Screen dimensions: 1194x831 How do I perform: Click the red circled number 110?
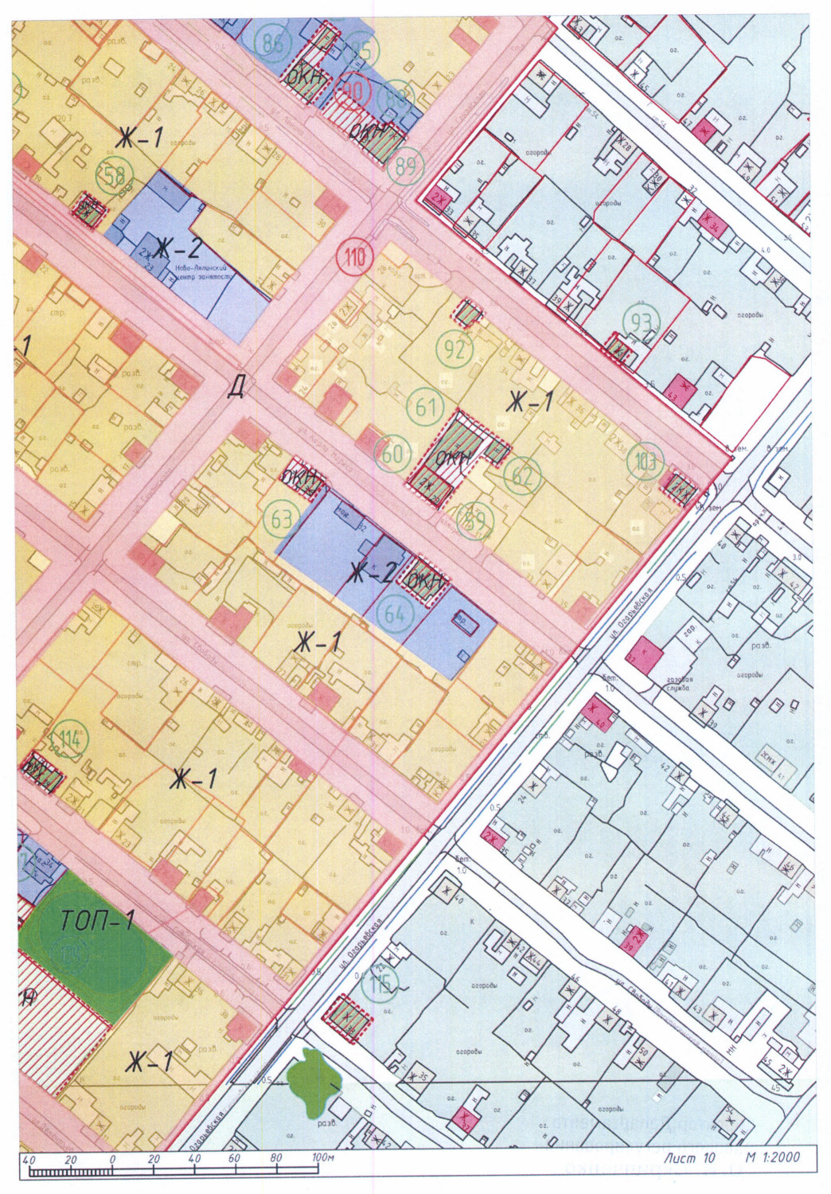[x=356, y=256]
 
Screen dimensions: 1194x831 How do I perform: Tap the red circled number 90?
[x=352, y=92]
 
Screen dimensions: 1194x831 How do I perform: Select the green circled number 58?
[x=114, y=174]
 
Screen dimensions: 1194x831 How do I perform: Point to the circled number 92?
[x=455, y=348]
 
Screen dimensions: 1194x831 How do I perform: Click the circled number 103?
[x=645, y=462]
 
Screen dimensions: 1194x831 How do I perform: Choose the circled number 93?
[x=641, y=322]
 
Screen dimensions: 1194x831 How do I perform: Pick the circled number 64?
[x=395, y=614]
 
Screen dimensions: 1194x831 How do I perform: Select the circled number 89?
[x=406, y=165]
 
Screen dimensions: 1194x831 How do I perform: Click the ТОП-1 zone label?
[x=97, y=921]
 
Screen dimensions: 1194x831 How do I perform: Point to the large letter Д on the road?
[x=236, y=387]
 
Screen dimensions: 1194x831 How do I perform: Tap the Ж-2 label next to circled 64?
[x=369, y=572]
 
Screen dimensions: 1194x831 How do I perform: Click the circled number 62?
[x=522, y=476]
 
